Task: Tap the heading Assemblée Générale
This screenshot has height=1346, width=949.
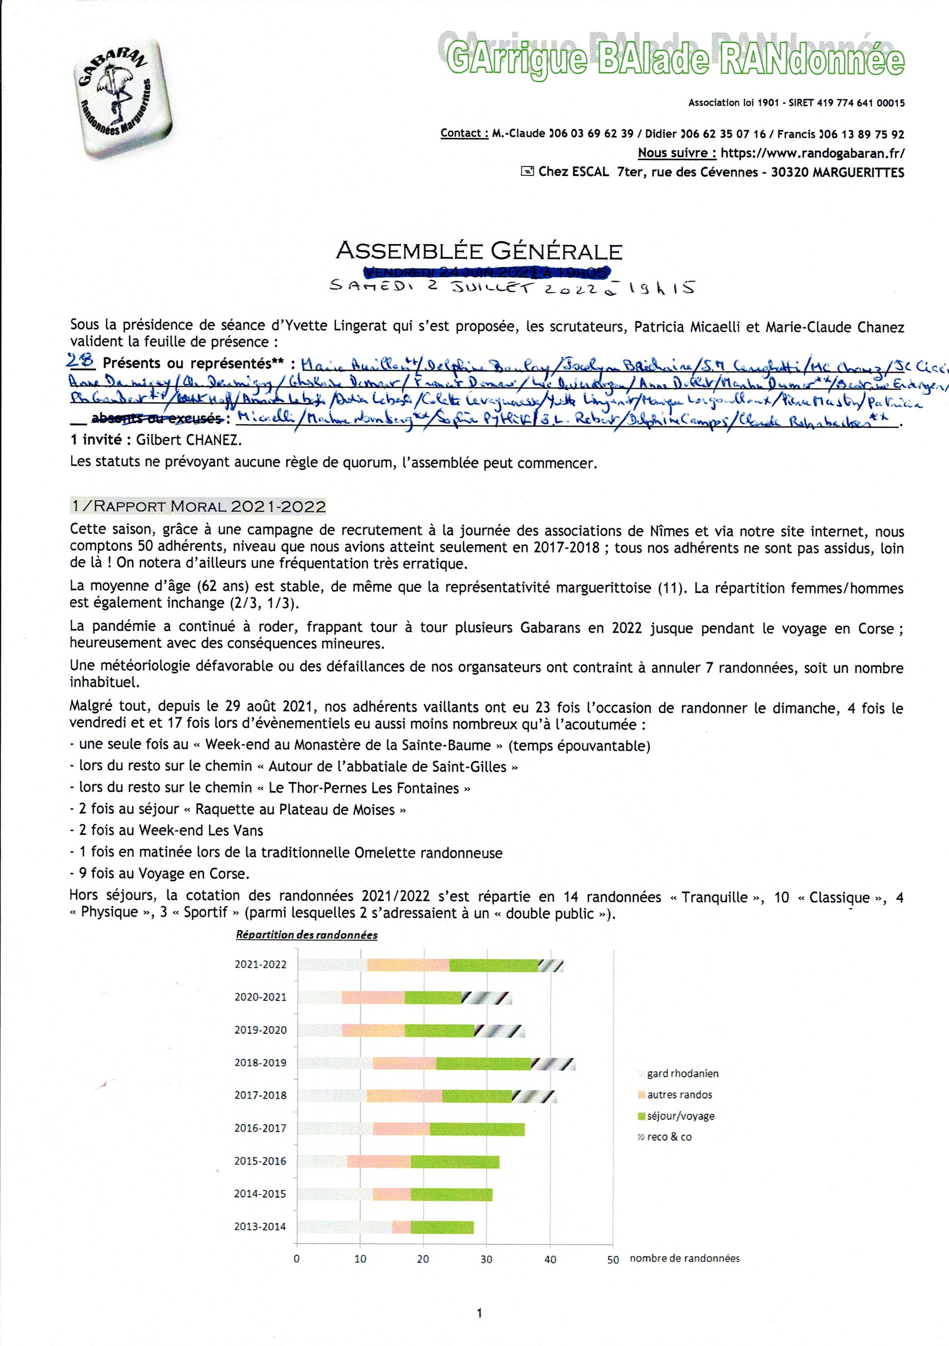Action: tap(479, 252)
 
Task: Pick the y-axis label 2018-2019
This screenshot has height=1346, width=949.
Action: tap(260, 1062)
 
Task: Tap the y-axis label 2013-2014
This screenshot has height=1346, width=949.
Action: tap(260, 1227)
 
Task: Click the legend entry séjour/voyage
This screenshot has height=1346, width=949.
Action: tap(680, 1116)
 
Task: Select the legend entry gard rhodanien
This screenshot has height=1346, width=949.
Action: tap(682, 1074)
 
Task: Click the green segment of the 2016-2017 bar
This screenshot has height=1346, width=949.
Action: tap(477, 1128)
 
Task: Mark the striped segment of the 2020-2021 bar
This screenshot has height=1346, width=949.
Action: tap(486, 997)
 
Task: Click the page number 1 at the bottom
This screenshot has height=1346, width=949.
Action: tap(480, 1314)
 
